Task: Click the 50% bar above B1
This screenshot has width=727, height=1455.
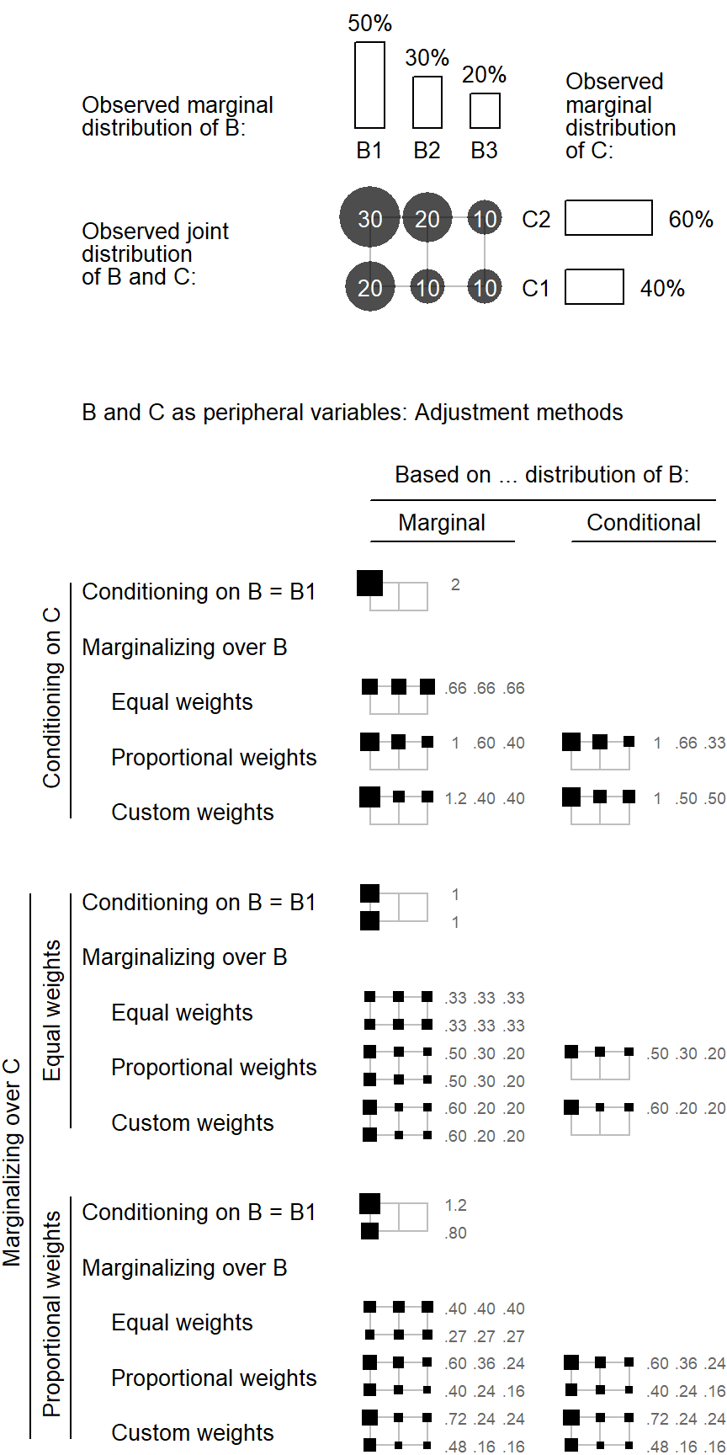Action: point(369,85)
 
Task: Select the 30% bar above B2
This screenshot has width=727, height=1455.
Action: point(427,102)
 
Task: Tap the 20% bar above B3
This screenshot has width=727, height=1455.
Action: point(484,110)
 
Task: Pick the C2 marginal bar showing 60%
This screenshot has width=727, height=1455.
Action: point(608,217)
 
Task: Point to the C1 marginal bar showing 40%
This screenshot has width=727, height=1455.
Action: point(594,286)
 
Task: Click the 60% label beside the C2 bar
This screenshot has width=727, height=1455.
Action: point(691,220)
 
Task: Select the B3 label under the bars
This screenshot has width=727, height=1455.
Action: point(484,151)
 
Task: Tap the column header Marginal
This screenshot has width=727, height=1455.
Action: point(442,523)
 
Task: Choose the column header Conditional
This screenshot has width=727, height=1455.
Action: point(644,523)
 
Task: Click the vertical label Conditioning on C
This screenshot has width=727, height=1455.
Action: point(52,698)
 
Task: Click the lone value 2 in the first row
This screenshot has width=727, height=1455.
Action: point(455,584)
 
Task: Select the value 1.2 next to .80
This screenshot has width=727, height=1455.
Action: point(455,1205)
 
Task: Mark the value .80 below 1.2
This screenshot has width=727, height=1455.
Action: point(455,1233)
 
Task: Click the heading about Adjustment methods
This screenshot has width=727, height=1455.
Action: point(353,413)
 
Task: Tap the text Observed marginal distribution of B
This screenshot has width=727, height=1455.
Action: point(178,116)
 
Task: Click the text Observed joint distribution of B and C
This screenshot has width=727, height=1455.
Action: point(156,254)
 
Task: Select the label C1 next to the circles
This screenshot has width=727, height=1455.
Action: point(536,289)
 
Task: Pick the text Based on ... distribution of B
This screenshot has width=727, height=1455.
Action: point(542,475)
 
